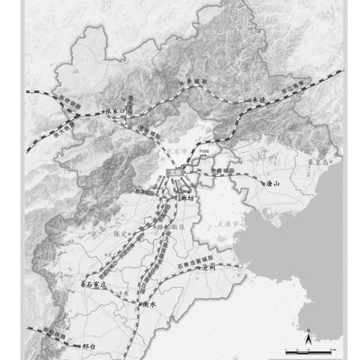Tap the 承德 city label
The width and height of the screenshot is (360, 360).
click(x=259, y=98)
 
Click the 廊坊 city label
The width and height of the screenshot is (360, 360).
click(x=187, y=198)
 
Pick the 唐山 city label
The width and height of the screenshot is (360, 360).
click(x=271, y=182)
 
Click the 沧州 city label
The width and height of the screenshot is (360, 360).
click(x=206, y=267)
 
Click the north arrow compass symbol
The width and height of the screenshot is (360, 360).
click(x=307, y=339)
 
